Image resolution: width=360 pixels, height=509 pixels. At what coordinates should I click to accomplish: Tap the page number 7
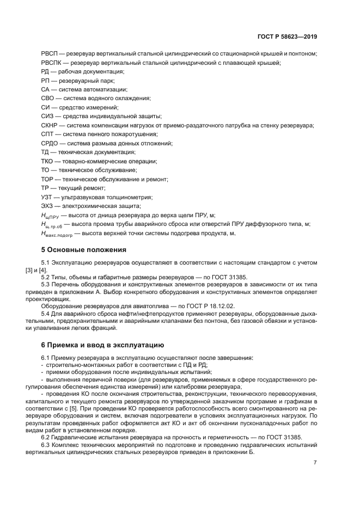pos(315,463)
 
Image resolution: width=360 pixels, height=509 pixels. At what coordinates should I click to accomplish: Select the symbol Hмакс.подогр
pos(58,233)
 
